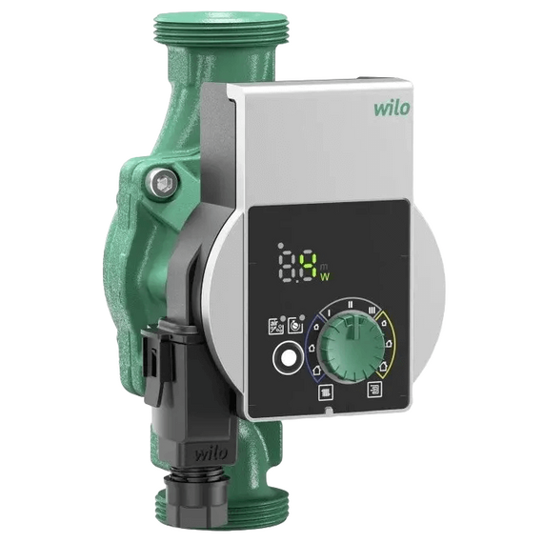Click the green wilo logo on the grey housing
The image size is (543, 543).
(392, 108)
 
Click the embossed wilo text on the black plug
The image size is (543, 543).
(211, 453)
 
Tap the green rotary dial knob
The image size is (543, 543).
(352, 347)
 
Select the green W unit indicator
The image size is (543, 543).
(325, 277)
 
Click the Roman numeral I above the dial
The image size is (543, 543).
(330, 313)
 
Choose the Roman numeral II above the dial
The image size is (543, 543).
(351, 305)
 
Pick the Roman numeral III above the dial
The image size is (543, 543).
(372, 311)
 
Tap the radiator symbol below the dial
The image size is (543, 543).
(326, 392)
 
